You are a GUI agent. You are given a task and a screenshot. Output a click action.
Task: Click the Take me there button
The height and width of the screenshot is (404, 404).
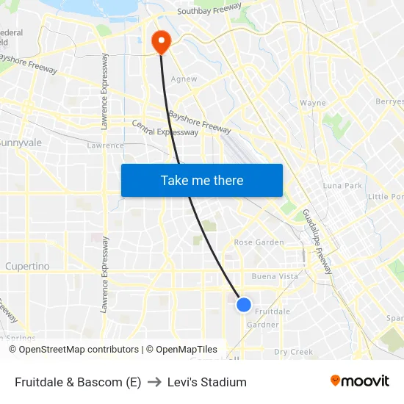(x=202, y=180)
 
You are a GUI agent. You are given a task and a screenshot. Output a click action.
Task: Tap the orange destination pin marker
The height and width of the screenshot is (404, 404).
(x=160, y=41)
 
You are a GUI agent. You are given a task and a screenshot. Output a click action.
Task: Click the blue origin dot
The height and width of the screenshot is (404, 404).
(x=244, y=304)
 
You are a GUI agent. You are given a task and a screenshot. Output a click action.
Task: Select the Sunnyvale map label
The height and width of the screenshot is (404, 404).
(x=21, y=143)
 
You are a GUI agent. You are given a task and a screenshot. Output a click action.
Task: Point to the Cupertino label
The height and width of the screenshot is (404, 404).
(x=27, y=265)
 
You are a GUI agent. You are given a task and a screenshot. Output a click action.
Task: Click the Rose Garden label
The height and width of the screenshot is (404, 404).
(x=259, y=242)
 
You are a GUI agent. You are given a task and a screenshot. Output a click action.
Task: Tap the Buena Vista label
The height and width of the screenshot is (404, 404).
(x=275, y=277)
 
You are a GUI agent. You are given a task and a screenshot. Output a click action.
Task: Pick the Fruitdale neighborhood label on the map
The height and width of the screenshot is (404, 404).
(x=272, y=311)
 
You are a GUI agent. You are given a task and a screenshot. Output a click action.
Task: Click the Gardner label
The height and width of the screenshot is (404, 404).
(x=263, y=325)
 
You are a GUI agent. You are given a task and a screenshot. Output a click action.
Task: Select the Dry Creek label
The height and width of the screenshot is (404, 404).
(x=293, y=352)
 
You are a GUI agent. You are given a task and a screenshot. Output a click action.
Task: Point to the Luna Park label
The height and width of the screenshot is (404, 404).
(x=342, y=186)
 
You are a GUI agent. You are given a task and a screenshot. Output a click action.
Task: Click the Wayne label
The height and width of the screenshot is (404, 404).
(x=313, y=103)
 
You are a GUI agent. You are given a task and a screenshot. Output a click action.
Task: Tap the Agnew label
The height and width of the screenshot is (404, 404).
(x=184, y=79)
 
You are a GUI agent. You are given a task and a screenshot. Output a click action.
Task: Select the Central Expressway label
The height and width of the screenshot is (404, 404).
(x=165, y=128)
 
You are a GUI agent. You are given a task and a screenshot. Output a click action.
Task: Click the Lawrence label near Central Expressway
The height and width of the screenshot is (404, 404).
(x=105, y=145)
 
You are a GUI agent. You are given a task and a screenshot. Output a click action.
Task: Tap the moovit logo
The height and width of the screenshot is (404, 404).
(x=360, y=381)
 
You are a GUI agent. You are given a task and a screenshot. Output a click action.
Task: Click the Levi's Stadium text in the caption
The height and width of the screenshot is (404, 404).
(x=207, y=382)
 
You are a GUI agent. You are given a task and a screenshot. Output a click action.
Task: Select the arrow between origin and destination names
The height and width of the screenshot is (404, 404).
(x=154, y=382)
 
